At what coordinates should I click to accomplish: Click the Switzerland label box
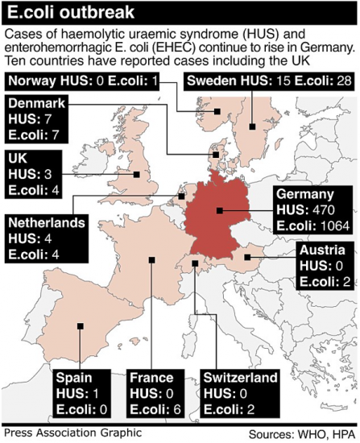(240, 392)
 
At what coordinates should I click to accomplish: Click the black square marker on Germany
(218, 212)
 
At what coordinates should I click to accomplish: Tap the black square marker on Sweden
(253, 126)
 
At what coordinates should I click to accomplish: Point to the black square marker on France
(151, 259)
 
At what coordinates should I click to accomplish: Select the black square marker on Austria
(247, 258)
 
